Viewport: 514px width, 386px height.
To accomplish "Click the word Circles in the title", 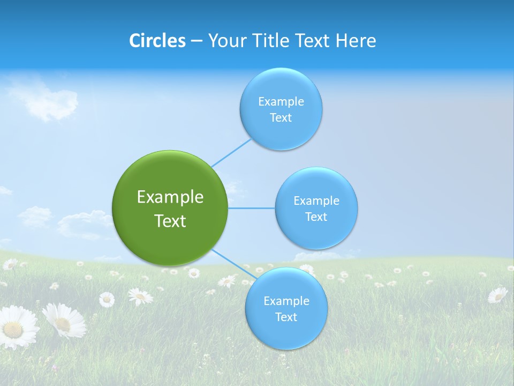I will coord(157,41).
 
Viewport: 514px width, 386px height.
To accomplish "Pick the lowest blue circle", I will coord(286,335).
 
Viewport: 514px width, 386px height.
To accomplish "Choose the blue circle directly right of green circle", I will coord(316,233).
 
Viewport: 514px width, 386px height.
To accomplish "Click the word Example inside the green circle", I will coord(170,197).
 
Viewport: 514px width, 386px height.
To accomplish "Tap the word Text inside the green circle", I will coord(170,221).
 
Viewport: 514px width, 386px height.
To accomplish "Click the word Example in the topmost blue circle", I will coord(281,101).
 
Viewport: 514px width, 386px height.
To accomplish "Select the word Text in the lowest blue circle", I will coord(286,317).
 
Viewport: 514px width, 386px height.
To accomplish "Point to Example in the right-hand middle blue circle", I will coord(316,201).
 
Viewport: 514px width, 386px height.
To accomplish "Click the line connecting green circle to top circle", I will coord(231,153).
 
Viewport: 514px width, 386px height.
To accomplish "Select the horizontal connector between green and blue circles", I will coord(252,208).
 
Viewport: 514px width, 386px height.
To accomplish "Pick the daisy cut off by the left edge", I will coord(16,327).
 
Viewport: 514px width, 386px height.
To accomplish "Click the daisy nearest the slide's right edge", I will coord(497,294).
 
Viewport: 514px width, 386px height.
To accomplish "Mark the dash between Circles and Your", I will coord(196,41).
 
